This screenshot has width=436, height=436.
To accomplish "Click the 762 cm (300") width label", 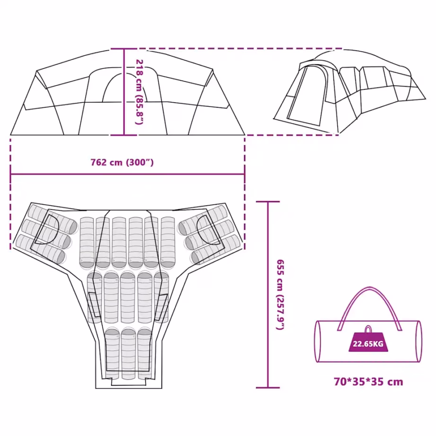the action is [x=122, y=162].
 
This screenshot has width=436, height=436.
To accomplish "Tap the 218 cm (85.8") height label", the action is [x=139, y=92].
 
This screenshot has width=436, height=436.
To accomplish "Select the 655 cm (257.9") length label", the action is [x=280, y=295].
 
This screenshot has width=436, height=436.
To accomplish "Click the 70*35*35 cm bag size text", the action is [x=368, y=382].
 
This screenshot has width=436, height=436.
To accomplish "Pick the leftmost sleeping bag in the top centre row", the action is [x=87, y=243].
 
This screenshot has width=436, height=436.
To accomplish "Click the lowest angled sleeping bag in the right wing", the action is [x=216, y=249].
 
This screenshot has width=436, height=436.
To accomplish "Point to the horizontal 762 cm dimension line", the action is [x=128, y=174].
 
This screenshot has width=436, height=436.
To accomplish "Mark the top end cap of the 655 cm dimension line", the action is [x=268, y=201].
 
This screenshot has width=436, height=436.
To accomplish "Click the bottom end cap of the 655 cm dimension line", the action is [x=268, y=387].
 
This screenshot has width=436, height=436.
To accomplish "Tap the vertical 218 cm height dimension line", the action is [x=124, y=92].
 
